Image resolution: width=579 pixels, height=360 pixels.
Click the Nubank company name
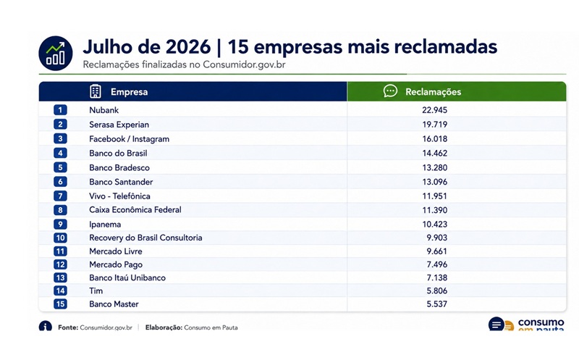[x=103, y=110]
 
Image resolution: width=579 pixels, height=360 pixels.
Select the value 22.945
[x=435, y=110]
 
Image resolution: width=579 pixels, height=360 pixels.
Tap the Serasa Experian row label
[x=119, y=125]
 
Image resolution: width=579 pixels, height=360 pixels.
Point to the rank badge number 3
[x=60, y=138]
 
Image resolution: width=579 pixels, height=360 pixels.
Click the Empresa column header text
[x=130, y=92]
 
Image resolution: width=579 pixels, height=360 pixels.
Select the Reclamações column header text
[x=433, y=92]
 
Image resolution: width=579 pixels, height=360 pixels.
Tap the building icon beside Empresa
[x=96, y=91]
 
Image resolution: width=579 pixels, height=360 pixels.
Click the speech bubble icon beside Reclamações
[x=390, y=91]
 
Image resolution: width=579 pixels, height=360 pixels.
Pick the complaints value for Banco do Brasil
[x=435, y=153]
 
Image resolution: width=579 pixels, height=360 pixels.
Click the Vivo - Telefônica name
[x=119, y=196]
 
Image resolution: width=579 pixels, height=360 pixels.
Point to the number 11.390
[x=435, y=210]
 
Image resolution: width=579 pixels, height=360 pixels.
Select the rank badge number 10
[x=60, y=238]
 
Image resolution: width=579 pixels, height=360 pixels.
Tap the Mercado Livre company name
[x=116, y=251]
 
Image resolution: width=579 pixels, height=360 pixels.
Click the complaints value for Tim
[x=437, y=291]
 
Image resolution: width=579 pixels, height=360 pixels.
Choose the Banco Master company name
[x=114, y=304]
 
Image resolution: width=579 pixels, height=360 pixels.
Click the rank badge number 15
[x=60, y=304]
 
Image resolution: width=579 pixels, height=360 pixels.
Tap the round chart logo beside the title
[x=56, y=53]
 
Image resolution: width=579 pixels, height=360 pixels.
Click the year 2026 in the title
[x=187, y=47]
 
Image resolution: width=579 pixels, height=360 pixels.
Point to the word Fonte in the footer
[x=68, y=327]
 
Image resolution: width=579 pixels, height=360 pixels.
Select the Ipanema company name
[x=105, y=225]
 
